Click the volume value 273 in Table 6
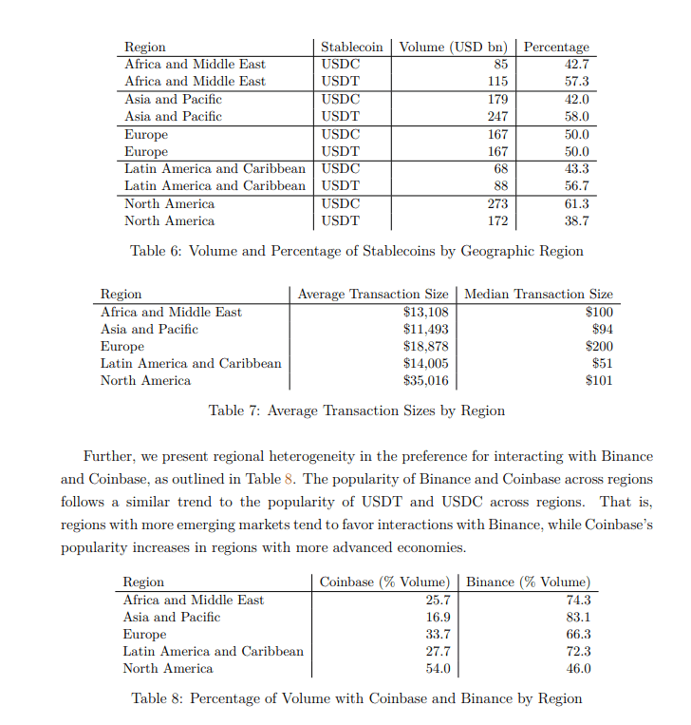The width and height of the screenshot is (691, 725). [496, 203]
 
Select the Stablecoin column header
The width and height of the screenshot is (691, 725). [351, 47]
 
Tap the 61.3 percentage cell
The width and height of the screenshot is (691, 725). [576, 203]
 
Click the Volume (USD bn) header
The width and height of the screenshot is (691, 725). [453, 47]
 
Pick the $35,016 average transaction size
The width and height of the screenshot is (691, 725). [425, 380]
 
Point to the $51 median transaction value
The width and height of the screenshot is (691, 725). [602, 363]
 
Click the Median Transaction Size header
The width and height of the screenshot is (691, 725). [538, 295]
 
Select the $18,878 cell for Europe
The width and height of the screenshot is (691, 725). [425, 346]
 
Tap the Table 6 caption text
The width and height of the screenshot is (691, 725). [356, 251]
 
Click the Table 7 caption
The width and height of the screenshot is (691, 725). [356, 410]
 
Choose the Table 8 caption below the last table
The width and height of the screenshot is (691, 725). [356, 698]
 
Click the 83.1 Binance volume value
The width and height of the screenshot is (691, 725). [577, 617]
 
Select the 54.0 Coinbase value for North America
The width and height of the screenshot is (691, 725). [438, 668]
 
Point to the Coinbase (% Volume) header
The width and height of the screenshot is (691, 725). [383, 582]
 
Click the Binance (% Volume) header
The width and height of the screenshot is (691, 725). [528, 582]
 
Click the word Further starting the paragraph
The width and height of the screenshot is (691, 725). [109, 456]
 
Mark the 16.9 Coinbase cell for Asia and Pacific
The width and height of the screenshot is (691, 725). [438, 617]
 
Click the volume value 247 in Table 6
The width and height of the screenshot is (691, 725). [496, 116]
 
